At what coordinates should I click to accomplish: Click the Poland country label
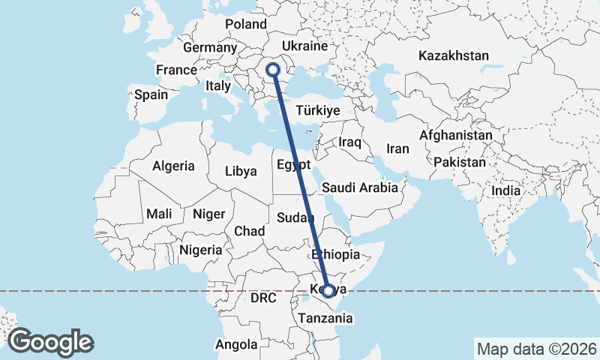click(245, 24)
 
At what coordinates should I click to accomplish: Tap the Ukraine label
click(305, 46)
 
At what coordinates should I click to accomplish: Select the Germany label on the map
click(210, 47)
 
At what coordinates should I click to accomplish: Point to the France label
click(175, 70)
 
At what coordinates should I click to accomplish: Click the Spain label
click(151, 95)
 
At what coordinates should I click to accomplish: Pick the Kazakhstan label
click(454, 56)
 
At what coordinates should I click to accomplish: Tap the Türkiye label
click(318, 110)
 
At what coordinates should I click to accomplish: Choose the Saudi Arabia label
click(360, 187)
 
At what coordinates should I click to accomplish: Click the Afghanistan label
click(456, 136)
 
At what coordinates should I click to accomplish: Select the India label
click(505, 191)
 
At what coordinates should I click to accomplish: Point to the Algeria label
click(173, 166)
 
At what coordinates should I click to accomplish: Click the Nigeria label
click(201, 250)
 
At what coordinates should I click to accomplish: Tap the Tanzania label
click(324, 318)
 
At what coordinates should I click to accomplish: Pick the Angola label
click(236, 345)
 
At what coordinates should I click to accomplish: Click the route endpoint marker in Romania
click(273, 70)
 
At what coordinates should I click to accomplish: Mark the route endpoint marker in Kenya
click(328, 290)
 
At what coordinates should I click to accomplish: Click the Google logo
click(50, 342)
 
